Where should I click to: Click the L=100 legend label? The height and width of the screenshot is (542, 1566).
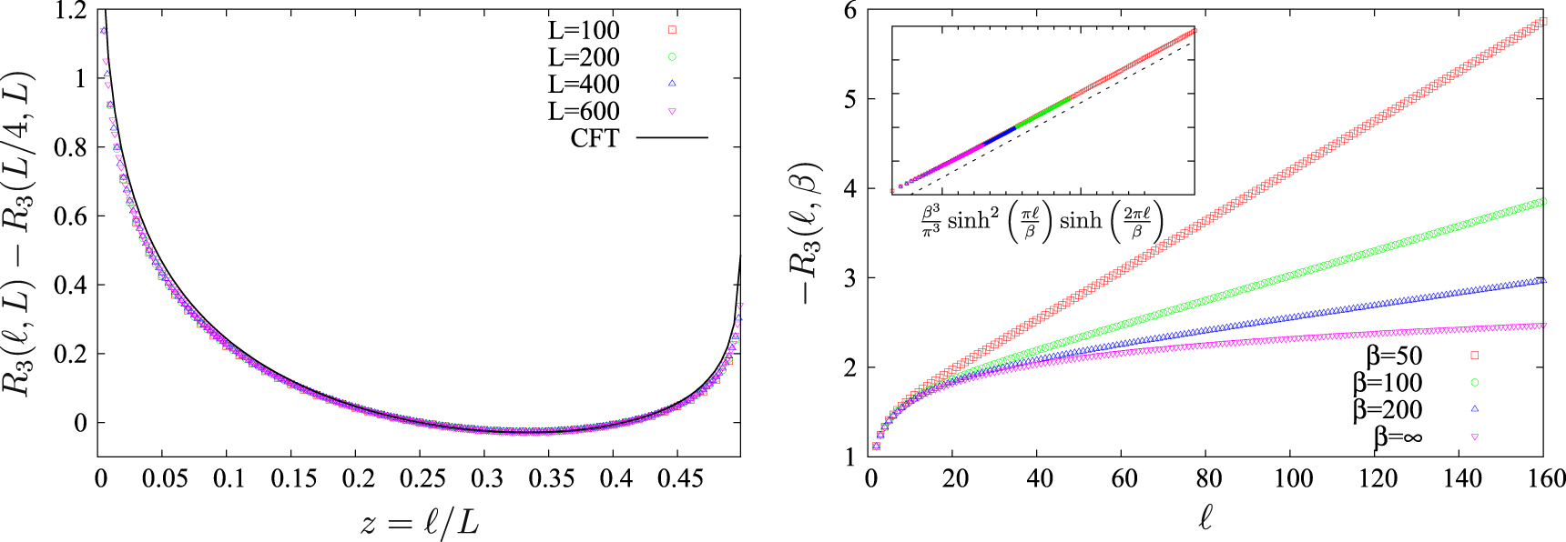click(584, 30)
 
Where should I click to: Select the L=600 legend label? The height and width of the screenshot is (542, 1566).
click(584, 112)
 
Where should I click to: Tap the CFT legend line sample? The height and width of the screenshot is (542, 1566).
click(672, 138)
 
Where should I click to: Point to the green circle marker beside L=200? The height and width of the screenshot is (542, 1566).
click(672, 57)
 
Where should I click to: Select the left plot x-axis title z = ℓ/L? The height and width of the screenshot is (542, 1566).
click(419, 523)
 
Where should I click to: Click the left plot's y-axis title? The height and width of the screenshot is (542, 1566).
click(22, 232)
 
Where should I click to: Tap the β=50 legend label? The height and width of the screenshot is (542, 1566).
click(1394, 356)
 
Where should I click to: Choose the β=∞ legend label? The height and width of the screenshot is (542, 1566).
click(1398, 437)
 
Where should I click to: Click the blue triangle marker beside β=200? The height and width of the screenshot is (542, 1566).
click(1475, 409)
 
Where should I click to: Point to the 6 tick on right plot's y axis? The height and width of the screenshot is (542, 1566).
click(850, 11)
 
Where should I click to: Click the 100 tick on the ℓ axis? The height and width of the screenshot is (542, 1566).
click(1293, 479)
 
